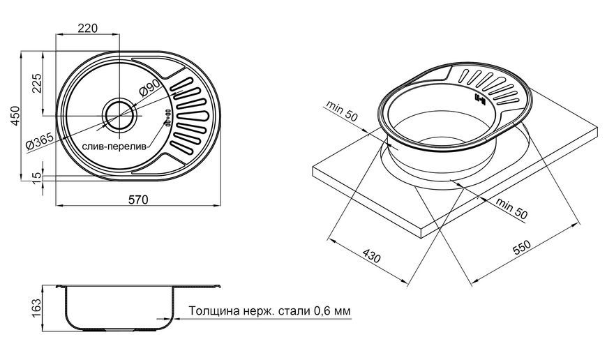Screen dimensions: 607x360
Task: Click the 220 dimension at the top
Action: [x=88, y=29]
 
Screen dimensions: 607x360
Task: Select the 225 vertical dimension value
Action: [x=37, y=83]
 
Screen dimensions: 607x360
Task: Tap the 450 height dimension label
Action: [x=15, y=115]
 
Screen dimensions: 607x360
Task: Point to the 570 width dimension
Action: [x=138, y=200]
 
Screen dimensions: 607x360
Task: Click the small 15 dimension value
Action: [x=36, y=178]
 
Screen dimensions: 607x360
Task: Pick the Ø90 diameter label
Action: [x=149, y=88]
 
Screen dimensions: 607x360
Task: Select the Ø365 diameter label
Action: [x=40, y=141]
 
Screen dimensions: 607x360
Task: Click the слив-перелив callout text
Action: [x=114, y=147]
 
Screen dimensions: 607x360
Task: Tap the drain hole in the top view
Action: [x=119, y=114]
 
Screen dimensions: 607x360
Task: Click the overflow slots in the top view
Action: [x=168, y=117]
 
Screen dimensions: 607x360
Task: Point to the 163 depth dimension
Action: [x=36, y=308]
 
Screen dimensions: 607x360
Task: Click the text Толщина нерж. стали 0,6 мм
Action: [x=269, y=310]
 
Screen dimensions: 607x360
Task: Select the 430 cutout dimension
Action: [x=372, y=255]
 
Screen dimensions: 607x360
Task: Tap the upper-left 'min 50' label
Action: [x=342, y=111]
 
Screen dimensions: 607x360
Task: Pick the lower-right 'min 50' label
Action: [x=511, y=209]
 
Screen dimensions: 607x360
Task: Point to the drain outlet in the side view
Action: [x=119, y=330]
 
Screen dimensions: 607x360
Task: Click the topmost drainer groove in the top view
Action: [x=181, y=85]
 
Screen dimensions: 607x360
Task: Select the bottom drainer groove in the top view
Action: [x=181, y=147]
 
